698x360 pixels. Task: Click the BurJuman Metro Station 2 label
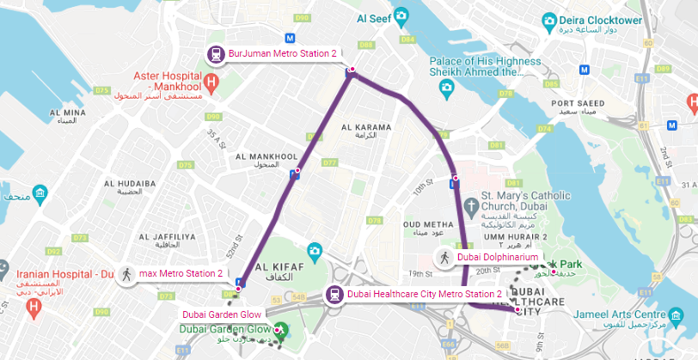tap(283, 54)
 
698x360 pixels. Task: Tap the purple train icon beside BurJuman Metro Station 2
tap(216, 54)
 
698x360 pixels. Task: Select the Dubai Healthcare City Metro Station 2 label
tap(424, 295)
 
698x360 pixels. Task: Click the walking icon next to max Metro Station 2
tap(127, 274)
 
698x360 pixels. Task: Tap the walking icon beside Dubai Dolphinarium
tap(445, 257)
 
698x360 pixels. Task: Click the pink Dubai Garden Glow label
tap(222, 314)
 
